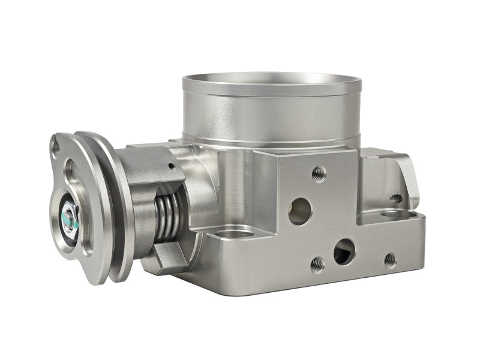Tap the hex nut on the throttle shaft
[68, 213]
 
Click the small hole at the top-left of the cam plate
[56, 145]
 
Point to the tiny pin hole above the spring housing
[172, 166]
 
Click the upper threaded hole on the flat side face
[319, 174]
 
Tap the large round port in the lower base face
[344, 251]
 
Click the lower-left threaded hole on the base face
[317, 264]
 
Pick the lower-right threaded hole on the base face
[390, 260]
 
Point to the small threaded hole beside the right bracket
[395, 197]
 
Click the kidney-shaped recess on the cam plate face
[74, 180]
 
